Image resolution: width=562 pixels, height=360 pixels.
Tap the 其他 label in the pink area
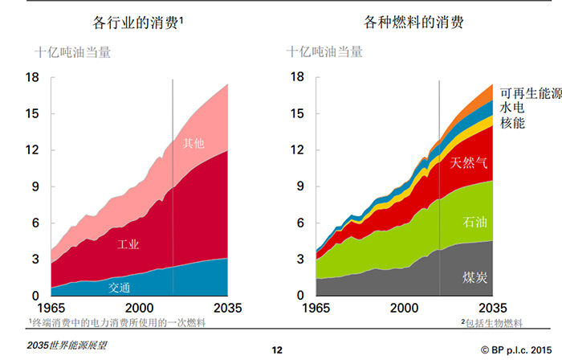pyautogui.click(x=193, y=144)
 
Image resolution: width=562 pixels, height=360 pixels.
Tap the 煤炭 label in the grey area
pyautogui.click(x=475, y=278)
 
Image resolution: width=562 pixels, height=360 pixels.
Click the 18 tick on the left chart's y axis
pyautogui.click(x=32, y=78)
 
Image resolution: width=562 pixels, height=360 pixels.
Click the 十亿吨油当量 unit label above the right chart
pyautogui.click(x=324, y=53)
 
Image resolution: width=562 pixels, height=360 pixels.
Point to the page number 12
pyautogui.click(x=278, y=350)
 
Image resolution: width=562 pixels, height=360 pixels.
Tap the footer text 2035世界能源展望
pyautogui.click(x=66, y=346)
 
